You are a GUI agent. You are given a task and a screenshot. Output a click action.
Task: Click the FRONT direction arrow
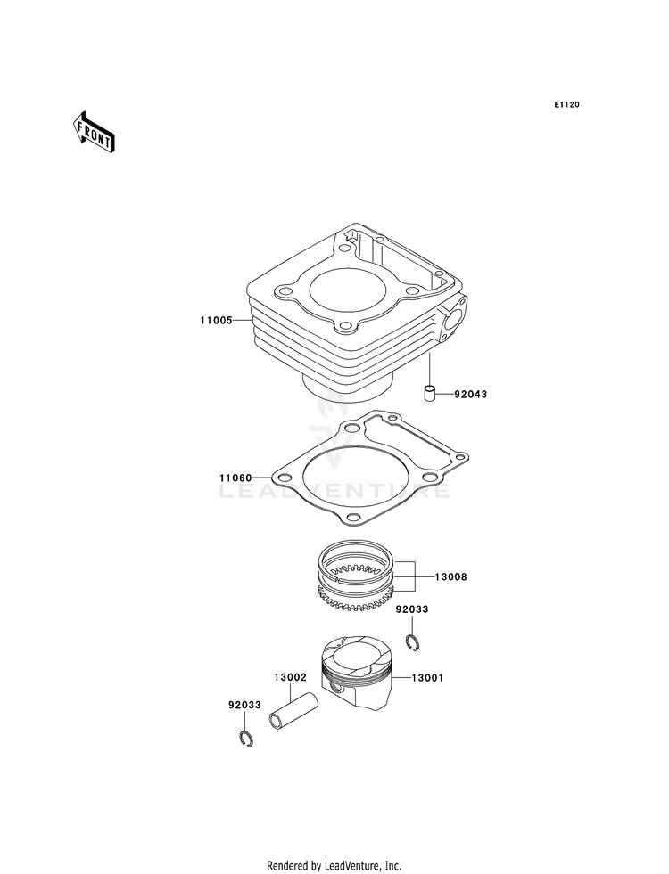click(93, 132)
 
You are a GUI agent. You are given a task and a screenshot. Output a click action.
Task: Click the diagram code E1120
click(566, 105)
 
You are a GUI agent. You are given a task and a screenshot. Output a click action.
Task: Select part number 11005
click(216, 321)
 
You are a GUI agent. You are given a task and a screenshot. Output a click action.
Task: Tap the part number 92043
click(470, 394)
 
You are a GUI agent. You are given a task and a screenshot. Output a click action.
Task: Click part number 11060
click(235, 478)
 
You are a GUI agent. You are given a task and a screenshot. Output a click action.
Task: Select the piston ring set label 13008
click(450, 577)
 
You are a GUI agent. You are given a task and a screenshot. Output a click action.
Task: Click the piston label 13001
click(427, 678)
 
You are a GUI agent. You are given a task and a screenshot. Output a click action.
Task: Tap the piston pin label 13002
click(290, 677)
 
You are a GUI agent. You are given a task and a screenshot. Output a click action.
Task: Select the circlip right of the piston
click(413, 642)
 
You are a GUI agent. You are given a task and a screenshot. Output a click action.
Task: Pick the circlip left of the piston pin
click(246, 739)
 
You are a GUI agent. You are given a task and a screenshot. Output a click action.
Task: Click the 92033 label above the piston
click(412, 609)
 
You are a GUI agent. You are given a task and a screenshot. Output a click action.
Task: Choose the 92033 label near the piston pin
click(244, 705)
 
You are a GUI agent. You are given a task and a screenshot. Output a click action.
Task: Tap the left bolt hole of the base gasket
click(285, 478)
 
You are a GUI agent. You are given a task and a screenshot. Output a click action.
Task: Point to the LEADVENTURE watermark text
click(334, 491)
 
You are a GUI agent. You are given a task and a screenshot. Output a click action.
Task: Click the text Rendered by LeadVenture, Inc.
click(334, 866)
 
